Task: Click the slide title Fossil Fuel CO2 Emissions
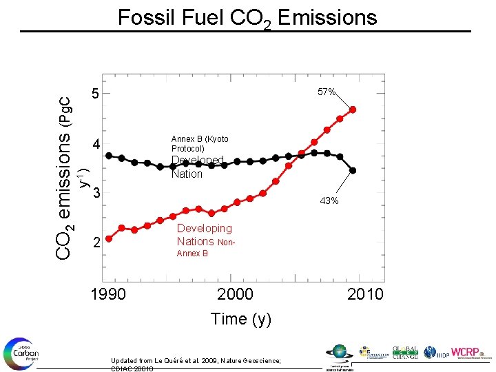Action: pos(247,17)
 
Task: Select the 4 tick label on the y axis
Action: pos(97,145)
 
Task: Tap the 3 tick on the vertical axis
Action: pos(97,192)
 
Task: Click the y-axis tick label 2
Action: pos(97,243)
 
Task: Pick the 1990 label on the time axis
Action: pos(108,294)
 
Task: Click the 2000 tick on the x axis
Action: pos(235,294)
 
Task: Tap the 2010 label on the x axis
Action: pos(365,294)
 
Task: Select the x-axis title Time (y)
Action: pos(240,319)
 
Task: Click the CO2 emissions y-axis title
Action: pos(65,176)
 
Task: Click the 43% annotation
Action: pos(328,201)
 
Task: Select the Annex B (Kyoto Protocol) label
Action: pos(199,144)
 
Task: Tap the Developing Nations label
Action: pos(204,235)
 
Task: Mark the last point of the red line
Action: pos(353,110)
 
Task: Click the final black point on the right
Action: pos(353,170)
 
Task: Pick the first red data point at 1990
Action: pos(109,239)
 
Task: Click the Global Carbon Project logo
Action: pos(21,353)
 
